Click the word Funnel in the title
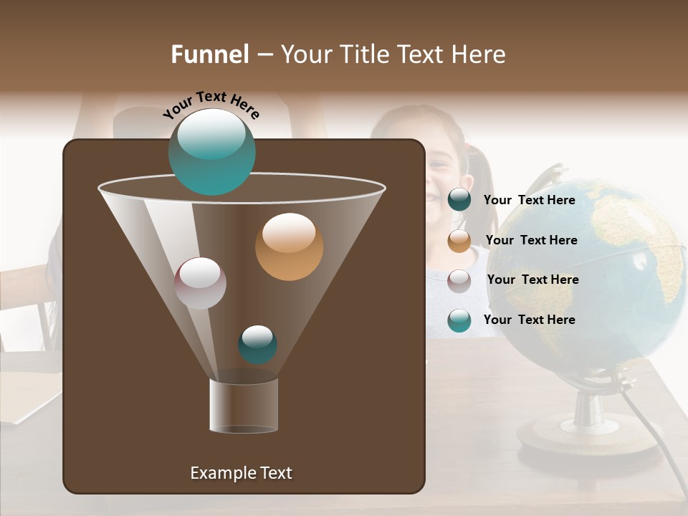209,54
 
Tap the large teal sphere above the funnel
211,152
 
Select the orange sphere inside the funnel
289,247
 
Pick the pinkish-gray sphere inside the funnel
200,283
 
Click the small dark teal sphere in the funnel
257,344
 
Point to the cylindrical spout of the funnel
243,405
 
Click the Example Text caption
241,473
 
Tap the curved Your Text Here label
211,105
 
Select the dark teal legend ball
459,200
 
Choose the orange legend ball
459,241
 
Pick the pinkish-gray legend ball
459,281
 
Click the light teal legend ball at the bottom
459,320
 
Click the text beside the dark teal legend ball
529,200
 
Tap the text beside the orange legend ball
531,240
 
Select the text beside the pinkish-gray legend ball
532,279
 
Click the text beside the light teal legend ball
529,320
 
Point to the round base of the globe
588,434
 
